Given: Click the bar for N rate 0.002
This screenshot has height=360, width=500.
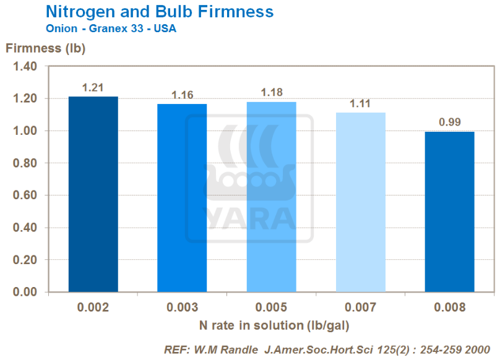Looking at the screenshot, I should [93, 194].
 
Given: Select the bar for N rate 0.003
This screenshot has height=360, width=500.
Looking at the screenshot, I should [182, 197].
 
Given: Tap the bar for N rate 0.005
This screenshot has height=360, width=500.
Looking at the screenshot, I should [271, 196].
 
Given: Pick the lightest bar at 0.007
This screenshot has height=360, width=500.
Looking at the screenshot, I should [360, 202].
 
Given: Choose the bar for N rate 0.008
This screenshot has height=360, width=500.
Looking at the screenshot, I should [449, 211].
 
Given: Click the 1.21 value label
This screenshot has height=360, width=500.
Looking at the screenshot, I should [93, 88].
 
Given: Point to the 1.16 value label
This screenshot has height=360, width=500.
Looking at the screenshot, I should [182, 95].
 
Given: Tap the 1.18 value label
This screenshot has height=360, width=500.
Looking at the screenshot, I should [271, 93].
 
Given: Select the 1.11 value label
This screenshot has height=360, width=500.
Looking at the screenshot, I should [360, 104].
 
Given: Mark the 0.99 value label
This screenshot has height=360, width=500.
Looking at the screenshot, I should [449, 122].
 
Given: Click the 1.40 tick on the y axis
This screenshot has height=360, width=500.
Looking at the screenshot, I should [25, 66].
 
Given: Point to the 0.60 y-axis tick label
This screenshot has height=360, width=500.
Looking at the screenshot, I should [25, 195].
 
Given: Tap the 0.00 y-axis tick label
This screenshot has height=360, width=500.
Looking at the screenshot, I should [25, 292].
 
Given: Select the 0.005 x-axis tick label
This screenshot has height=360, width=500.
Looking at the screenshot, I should [271, 307].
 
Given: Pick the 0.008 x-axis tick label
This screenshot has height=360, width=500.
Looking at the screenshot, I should [449, 307].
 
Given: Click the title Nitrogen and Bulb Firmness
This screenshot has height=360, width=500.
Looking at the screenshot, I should [160, 11].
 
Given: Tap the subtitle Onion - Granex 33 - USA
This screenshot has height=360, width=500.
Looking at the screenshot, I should [111, 28].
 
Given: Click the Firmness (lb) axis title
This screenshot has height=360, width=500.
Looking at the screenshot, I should [45, 48].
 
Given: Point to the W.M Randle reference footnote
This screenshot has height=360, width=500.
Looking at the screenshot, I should [327, 349].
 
